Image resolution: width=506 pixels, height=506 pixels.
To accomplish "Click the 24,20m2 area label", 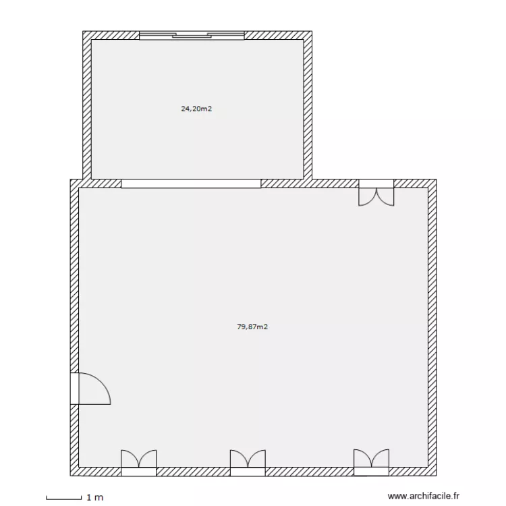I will (196, 108).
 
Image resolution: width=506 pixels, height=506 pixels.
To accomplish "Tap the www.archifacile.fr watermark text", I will (424, 496).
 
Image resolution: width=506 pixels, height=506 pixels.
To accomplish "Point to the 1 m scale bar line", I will (64, 499).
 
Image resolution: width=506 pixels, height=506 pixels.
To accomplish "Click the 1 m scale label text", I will (94, 498).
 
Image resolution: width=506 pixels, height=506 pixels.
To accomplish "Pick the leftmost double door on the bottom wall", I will (138, 460).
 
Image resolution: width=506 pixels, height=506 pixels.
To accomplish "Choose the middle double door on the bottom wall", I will (248, 460).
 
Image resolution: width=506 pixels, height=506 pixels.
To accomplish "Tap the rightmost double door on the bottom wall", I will (372, 460).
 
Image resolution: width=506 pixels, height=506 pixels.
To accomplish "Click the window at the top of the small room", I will (192, 35).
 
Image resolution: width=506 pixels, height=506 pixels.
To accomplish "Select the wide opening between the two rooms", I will (191, 184).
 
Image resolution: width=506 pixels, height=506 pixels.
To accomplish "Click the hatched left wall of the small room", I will (86, 108).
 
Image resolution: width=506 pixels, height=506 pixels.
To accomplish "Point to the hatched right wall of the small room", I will (307, 108).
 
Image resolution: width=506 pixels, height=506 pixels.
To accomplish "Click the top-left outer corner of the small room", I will (84, 32).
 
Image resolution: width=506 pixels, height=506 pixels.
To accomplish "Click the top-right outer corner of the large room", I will (435, 180).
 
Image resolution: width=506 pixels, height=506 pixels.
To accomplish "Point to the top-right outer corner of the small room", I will (310, 32).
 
